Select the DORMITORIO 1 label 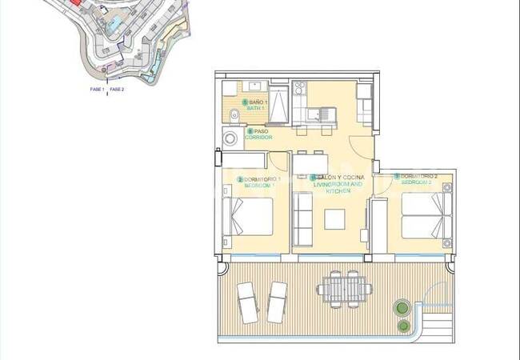262,178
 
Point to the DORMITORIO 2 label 418,176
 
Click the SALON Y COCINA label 340,176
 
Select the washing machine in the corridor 230,139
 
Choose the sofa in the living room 302,218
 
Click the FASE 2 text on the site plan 117,90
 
